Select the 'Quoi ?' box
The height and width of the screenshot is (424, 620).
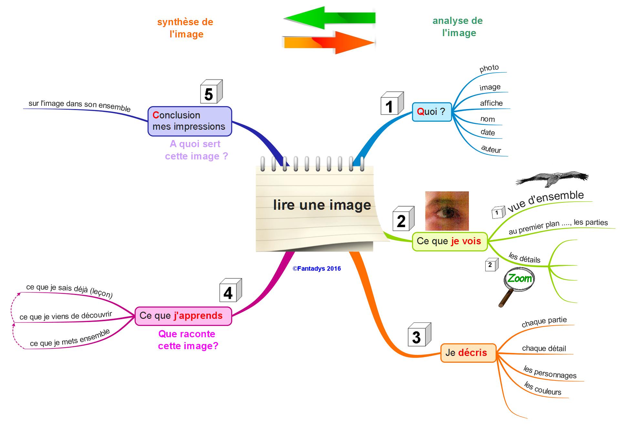pos(431,112)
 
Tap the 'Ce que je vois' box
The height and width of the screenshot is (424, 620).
pos(449,241)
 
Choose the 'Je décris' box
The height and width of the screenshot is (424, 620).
pos(468,353)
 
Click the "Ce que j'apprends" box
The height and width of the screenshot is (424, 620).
pos(183,316)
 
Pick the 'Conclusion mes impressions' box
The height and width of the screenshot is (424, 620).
pos(190,121)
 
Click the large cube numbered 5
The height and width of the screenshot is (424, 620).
pos(211,92)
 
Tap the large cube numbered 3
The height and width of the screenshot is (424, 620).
pos(419,335)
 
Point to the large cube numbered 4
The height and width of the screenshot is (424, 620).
pos(230,291)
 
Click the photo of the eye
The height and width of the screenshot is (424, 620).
pos(447,211)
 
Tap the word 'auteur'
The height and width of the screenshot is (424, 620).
pos(491,149)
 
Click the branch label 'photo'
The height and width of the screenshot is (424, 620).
pos(489,68)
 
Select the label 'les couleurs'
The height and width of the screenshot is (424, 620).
pos(542,389)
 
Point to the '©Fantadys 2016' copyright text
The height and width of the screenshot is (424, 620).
pos(316,268)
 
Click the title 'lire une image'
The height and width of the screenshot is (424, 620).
pos(322,205)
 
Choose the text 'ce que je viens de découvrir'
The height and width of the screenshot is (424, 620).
pos(66,316)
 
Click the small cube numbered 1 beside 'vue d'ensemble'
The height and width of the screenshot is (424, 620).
pos(498,212)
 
